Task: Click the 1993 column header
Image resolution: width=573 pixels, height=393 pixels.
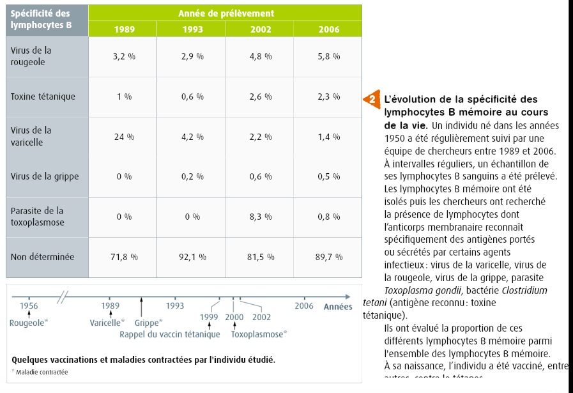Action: (192, 29)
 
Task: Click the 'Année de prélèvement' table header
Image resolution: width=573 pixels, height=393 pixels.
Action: (226, 13)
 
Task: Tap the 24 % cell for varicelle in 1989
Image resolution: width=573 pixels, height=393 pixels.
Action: (124, 137)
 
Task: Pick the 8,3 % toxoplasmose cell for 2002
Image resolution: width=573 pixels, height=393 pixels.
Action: (260, 217)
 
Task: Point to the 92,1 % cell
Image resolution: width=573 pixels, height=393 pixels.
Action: (192, 257)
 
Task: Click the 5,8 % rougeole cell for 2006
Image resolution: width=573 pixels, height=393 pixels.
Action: (328, 56)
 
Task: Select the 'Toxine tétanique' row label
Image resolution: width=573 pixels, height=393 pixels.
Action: (43, 96)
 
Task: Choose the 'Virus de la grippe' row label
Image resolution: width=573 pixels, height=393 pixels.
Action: (45, 176)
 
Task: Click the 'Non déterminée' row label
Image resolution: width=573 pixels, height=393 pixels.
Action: (42, 257)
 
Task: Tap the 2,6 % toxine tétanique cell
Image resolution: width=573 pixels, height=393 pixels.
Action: (260, 96)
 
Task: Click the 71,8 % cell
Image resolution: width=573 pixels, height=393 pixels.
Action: (124, 257)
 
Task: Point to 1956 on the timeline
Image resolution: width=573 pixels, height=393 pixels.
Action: (29, 306)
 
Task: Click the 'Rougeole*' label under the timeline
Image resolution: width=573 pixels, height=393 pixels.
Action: (28, 323)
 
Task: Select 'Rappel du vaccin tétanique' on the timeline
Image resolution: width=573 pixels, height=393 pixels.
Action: (169, 334)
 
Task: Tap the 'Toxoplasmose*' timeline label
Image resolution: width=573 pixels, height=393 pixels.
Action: (259, 334)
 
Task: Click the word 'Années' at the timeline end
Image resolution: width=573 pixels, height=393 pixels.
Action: (338, 307)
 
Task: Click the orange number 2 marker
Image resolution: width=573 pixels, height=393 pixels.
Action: (372, 99)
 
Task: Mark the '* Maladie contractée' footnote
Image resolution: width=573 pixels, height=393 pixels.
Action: (40, 372)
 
